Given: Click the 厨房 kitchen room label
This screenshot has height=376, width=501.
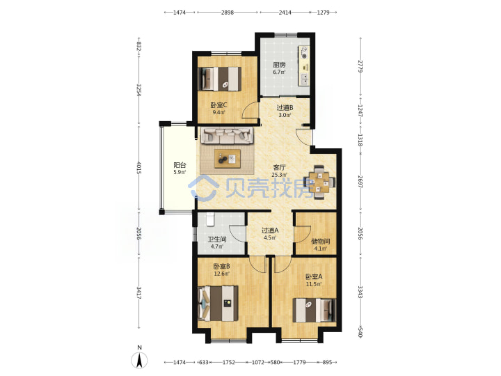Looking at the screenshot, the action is click(279, 65).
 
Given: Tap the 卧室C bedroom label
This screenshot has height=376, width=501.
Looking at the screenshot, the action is click(219, 105).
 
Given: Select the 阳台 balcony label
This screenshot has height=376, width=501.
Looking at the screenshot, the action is click(180, 165).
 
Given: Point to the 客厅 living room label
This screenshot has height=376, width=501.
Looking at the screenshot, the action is click(279, 167).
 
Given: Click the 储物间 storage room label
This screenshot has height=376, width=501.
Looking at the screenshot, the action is click(321, 241).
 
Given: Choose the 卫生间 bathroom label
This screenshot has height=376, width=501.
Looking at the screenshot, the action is click(217, 239).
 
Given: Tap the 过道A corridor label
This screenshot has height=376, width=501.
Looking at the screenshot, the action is click(270, 230).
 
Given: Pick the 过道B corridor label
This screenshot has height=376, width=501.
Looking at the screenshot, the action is click(285, 108).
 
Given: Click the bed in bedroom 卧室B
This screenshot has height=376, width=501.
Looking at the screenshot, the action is click(218, 303).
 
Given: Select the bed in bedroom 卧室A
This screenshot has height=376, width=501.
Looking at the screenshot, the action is click(315, 310).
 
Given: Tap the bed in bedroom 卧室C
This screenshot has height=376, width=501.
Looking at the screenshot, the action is click(219, 79).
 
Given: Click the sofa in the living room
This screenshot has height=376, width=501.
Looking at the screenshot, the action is click(227, 135).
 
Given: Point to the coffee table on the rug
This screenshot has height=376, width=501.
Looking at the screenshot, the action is click(228, 158).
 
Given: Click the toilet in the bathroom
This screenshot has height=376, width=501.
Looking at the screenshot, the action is click(209, 219).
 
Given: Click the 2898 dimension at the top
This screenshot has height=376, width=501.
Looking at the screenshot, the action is click(228, 13).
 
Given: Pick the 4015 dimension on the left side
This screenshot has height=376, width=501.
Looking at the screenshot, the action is click(139, 168).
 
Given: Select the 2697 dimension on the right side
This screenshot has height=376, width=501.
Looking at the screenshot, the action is click(360, 181).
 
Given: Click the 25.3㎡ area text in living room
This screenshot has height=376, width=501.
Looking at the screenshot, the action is click(279, 175).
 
